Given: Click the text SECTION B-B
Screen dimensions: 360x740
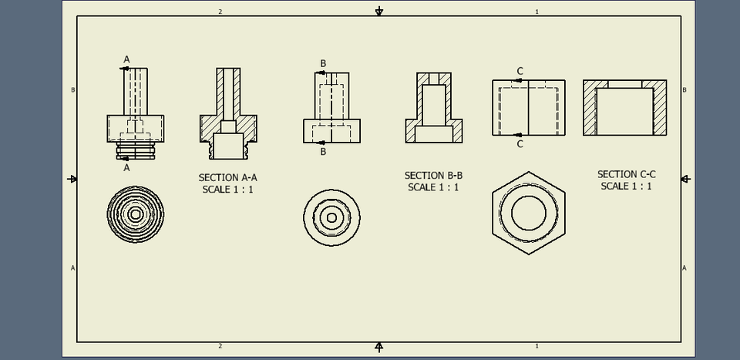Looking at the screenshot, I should (x=433, y=175).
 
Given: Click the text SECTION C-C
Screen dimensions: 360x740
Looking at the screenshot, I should (x=626, y=174).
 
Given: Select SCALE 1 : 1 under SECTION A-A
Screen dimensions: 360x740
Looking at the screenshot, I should (x=227, y=189).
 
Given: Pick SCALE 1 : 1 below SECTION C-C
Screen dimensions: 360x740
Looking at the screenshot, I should (x=626, y=186).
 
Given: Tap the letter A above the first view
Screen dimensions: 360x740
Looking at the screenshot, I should (x=127, y=59).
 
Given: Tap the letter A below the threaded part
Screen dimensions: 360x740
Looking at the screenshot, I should (x=127, y=167).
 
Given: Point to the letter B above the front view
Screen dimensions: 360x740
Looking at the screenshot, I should (x=323, y=63).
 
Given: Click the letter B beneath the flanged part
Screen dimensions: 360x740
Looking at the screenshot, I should (x=323, y=152).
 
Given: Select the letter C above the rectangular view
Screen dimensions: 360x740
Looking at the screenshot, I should (x=520, y=71).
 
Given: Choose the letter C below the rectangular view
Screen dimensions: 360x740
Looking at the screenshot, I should (x=520, y=144).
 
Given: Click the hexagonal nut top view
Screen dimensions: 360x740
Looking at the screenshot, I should (x=528, y=213).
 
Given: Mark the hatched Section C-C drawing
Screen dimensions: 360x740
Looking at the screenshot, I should (x=624, y=108).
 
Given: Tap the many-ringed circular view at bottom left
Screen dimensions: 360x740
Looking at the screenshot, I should (x=136, y=214).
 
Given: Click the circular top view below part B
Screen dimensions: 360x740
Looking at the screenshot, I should (x=331, y=217).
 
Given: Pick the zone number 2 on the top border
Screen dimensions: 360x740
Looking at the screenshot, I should (x=220, y=12).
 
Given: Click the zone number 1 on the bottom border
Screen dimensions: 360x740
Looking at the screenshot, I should (x=536, y=346).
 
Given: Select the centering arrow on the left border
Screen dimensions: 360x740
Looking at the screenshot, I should (x=72, y=179).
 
